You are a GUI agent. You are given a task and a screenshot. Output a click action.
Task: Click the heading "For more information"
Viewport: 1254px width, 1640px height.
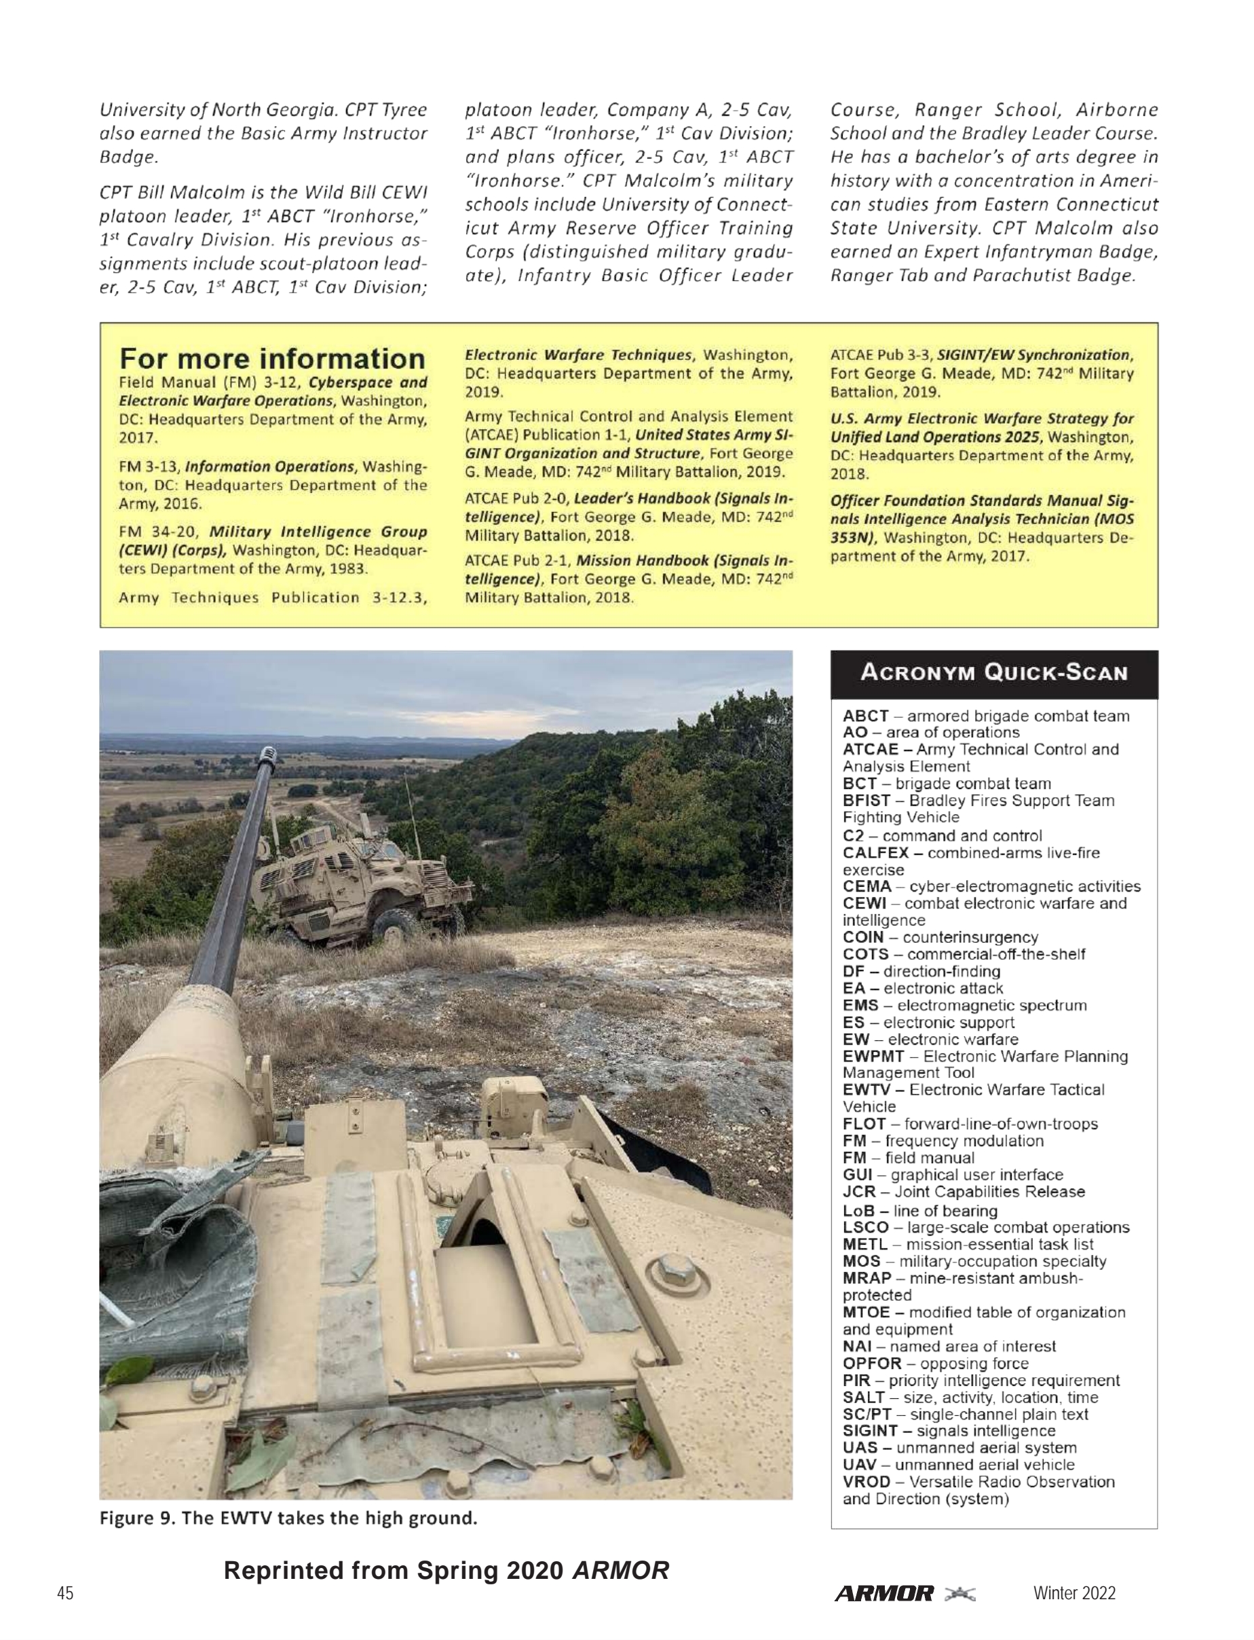point(271,359)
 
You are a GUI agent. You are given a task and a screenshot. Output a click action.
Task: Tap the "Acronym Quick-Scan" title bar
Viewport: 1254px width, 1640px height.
point(993,673)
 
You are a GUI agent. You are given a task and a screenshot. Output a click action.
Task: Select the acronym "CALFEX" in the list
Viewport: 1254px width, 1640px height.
point(875,853)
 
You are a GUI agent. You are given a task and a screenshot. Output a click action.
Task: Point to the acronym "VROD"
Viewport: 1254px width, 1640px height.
point(866,1482)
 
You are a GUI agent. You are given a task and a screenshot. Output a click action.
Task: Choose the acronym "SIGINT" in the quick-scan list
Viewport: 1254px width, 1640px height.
point(870,1431)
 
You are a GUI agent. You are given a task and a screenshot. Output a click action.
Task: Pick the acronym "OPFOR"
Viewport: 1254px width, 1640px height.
point(872,1363)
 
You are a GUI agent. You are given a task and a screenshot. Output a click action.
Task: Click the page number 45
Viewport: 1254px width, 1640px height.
point(66,1594)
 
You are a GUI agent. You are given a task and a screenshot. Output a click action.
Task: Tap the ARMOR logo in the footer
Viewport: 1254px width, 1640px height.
point(885,1594)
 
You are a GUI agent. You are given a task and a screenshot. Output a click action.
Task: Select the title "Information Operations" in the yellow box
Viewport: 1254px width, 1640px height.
point(269,467)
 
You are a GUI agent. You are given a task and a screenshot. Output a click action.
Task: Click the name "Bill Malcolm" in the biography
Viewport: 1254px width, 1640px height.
point(184,193)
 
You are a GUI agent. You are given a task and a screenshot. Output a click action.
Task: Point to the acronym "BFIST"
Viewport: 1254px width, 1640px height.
point(867,801)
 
